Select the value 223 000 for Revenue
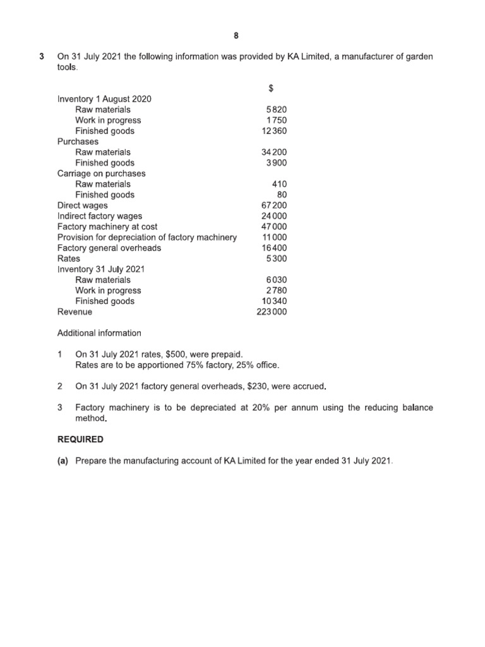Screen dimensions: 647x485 click(272, 311)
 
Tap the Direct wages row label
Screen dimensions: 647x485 click(82, 205)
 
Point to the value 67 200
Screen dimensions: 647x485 click(273, 205)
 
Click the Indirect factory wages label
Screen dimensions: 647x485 click(100, 216)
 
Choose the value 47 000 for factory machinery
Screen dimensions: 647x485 click(273, 227)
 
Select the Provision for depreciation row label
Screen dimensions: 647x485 click(147, 237)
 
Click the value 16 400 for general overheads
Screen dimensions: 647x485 click(273, 248)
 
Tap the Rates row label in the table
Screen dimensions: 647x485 click(69, 258)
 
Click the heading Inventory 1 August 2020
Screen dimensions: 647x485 click(104, 99)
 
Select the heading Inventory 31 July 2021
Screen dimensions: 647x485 click(101, 269)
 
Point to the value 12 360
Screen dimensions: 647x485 click(273, 131)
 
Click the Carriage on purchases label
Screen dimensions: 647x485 click(101, 173)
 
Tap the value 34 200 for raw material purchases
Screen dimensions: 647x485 click(273, 152)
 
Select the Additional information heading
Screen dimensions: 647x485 click(99, 333)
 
